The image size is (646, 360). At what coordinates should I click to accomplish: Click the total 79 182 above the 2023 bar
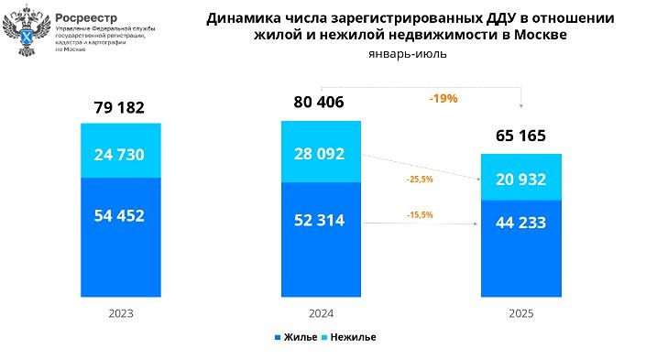(119, 108)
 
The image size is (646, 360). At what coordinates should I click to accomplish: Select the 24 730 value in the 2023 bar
(119, 153)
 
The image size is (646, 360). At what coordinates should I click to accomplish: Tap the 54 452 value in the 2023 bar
(119, 216)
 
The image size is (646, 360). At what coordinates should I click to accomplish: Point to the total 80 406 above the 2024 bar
(319, 102)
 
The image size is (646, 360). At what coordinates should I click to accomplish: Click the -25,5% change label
(419, 180)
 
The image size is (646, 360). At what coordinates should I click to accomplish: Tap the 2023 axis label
(120, 312)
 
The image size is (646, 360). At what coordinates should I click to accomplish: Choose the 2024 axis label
(321, 312)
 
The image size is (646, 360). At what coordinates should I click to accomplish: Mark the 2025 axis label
(520, 313)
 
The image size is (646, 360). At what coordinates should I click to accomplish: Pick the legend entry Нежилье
(353, 337)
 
